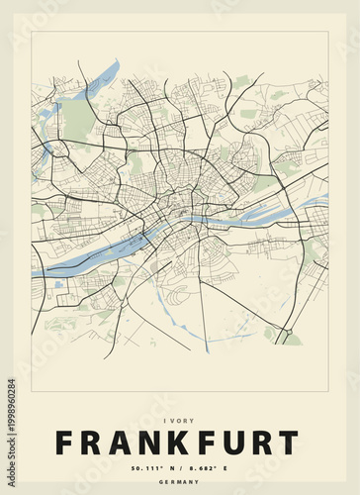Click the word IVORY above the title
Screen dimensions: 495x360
point(179,421)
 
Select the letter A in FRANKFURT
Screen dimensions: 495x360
point(107,444)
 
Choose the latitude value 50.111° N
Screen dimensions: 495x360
point(149,467)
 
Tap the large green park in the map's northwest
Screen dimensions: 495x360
point(77,120)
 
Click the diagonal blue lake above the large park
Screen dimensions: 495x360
point(103,79)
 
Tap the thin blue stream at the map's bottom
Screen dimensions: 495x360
point(198,333)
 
